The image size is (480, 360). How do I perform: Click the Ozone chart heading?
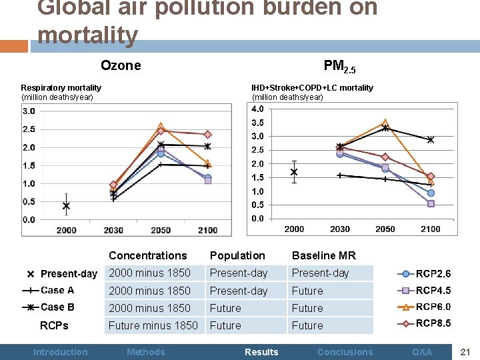[x=121, y=65]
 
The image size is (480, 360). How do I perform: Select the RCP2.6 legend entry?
[x=433, y=273]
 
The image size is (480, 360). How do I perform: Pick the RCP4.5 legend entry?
[x=433, y=291]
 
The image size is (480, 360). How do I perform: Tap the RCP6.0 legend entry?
[x=433, y=307]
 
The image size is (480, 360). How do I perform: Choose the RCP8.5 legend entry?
[x=433, y=324]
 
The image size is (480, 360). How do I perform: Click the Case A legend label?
[x=57, y=290]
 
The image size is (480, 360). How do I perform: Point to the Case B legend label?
[x=57, y=307]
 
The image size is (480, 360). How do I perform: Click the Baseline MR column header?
[x=323, y=255]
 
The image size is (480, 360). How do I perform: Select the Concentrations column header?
[x=147, y=255]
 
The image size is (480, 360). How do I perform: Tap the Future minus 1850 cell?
[x=153, y=325]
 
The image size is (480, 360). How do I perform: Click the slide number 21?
[x=465, y=351]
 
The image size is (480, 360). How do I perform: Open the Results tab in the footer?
[x=261, y=352]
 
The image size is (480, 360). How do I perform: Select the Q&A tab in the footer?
[x=422, y=352]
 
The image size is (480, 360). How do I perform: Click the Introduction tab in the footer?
[x=61, y=352]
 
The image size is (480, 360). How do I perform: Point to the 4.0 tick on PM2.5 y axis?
[x=257, y=109]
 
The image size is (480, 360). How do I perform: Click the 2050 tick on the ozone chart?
[x=161, y=230]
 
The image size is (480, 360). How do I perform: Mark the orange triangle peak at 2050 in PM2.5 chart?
[x=385, y=123]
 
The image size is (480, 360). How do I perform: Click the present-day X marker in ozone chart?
[x=66, y=206]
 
